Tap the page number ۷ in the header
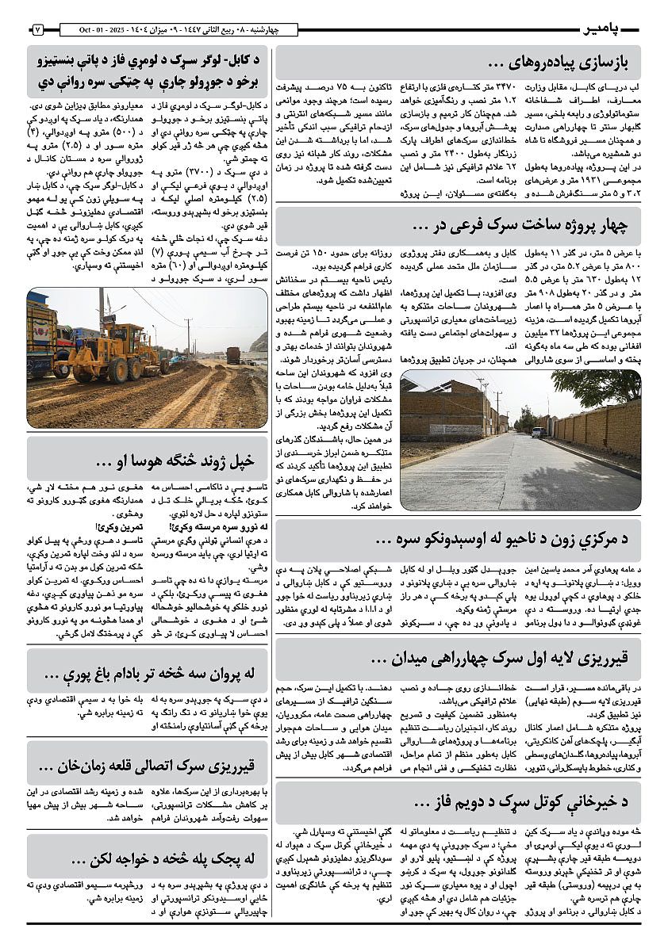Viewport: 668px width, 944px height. [x=37, y=30]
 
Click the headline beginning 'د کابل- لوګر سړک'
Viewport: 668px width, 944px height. [x=148, y=70]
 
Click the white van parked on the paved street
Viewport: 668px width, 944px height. [x=539, y=432]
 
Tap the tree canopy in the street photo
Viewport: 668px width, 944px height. [x=596, y=385]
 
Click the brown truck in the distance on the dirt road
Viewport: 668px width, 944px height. [x=233, y=354]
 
